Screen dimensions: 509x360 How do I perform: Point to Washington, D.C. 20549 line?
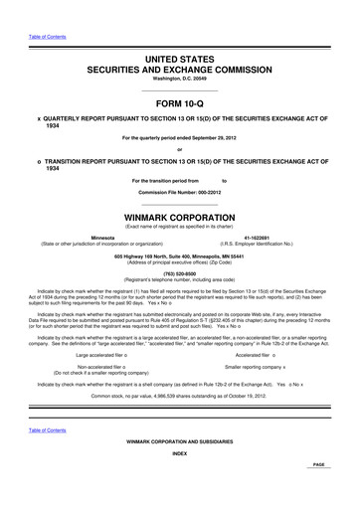click(180, 80)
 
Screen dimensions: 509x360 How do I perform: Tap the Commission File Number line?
click(180, 190)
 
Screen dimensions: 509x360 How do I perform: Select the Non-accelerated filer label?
click(97, 367)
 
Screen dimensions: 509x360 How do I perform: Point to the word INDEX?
click(180, 452)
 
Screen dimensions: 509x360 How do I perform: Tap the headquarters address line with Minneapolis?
click(180, 255)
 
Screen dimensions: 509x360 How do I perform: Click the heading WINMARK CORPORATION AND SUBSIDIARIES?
click(180, 440)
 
